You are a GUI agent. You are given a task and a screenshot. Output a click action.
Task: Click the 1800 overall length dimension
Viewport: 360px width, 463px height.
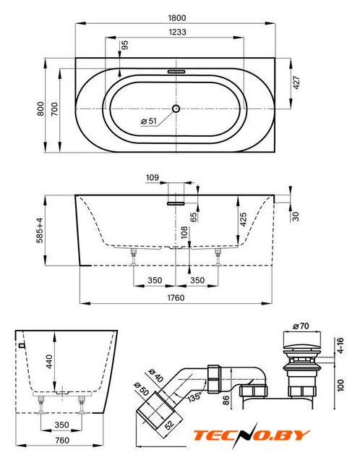click(177, 18)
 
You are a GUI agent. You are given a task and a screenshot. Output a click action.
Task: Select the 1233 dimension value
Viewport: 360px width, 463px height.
click(177, 32)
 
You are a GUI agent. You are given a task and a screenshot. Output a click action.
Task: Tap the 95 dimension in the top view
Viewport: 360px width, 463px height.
click(125, 45)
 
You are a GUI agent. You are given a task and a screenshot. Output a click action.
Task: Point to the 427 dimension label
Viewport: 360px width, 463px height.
click(296, 82)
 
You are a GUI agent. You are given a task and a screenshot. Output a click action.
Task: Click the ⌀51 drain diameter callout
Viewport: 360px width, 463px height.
click(149, 121)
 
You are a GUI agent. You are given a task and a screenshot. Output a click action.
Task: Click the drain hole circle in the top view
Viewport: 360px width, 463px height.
click(176, 109)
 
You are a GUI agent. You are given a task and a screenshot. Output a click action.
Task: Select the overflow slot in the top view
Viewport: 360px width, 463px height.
click(176, 72)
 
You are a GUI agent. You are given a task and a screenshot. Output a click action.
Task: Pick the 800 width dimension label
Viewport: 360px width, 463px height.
click(40, 109)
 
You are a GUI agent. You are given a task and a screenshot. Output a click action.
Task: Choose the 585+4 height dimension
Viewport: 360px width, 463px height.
click(40, 230)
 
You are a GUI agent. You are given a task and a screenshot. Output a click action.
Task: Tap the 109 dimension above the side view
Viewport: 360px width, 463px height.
click(153, 178)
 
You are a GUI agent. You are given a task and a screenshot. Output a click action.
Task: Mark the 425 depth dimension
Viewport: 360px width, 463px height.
click(243, 219)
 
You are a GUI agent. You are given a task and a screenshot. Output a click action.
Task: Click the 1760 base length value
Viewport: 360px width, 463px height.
click(176, 297)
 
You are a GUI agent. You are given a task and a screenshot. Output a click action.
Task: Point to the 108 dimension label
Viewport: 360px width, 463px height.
click(184, 232)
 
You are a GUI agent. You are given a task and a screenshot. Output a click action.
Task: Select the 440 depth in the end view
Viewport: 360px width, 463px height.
click(49, 362)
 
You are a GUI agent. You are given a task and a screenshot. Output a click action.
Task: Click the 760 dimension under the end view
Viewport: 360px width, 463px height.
click(62, 441)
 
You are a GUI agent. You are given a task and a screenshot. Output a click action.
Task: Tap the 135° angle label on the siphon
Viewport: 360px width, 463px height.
click(194, 396)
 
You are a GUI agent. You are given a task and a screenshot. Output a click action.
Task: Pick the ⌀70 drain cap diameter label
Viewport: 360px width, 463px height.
click(301, 326)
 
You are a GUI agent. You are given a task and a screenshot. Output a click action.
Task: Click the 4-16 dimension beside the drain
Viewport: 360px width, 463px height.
click(340, 346)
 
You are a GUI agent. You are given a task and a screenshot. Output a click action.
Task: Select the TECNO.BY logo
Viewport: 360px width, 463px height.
click(251, 436)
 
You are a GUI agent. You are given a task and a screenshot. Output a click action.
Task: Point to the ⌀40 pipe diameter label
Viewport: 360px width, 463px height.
click(156, 375)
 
